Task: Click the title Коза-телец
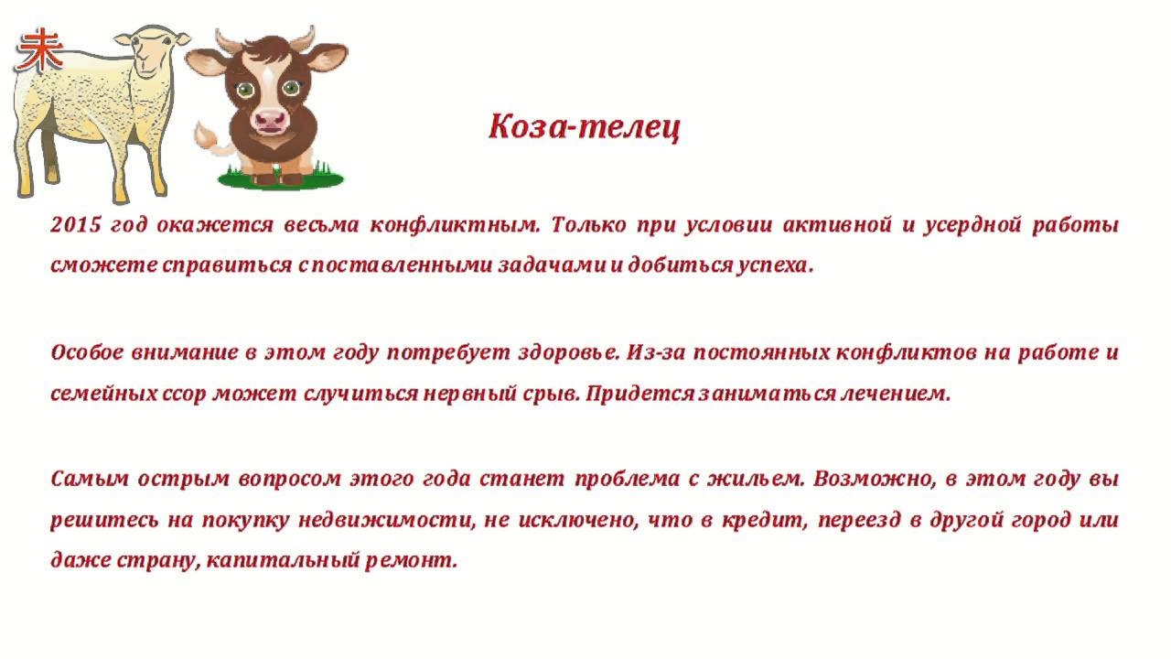tap(585, 127)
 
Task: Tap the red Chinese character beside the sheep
tap(39, 50)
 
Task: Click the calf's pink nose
tap(270, 120)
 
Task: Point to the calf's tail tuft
tap(206, 135)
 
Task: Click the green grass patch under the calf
tap(281, 178)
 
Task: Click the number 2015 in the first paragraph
tap(76, 225)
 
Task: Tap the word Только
tap(588, 225)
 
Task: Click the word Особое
tap(86, 352)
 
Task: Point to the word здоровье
tap(568, 353)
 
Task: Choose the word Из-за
tap(656, 352)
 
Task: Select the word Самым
tap(90, 479)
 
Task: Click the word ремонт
tap(412, 561)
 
